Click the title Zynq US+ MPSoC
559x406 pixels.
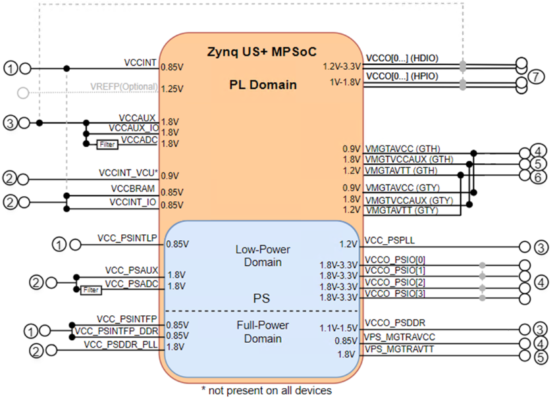point(261,52)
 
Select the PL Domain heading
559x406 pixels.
point(263,85)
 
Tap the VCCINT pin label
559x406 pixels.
point(140,63)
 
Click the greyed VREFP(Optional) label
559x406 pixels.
point(124,87)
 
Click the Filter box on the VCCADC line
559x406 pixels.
point(107,144)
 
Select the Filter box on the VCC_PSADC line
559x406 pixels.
point(91,290)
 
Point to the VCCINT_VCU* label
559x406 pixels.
point(128,172)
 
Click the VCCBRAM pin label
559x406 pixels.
point(133,188)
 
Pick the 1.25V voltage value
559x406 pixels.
point(172,89)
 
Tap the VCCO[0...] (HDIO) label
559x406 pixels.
point(402,58)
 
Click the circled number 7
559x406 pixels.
point(536,76)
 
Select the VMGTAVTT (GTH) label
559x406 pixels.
point(402,170)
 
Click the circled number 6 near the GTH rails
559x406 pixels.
point(538,177)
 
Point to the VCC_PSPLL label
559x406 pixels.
point(390,240)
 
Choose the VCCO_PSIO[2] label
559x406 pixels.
point(395,282)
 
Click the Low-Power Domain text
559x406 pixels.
point(263,256)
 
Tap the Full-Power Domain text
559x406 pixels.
point(263,332)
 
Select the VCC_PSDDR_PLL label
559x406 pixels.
point(120,345)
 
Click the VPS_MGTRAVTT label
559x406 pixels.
point(399,349)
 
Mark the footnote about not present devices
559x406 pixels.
point(267,391)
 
